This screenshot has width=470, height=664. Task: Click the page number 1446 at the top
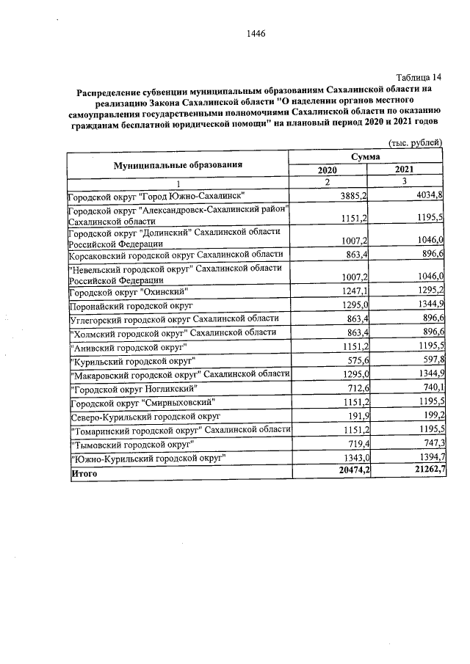click(256, 34)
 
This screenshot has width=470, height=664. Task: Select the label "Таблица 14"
click(419, 78)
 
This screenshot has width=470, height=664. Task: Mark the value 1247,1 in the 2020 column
click(354, 291)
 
